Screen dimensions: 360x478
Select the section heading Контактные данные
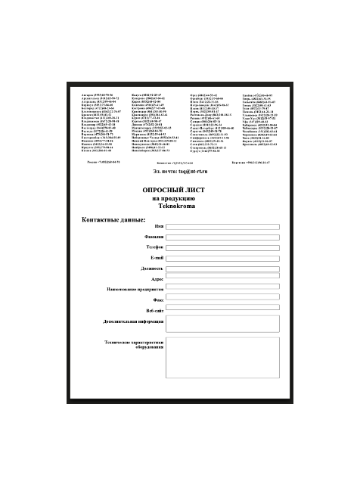click(x=113, y=219)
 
